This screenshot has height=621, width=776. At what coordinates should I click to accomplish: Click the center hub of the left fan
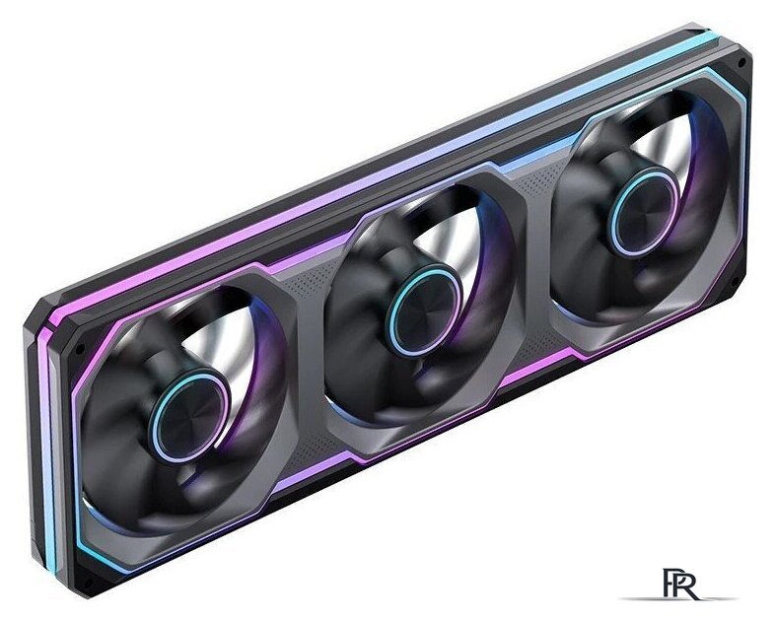coord(189,416)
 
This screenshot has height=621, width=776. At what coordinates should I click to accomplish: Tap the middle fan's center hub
coord(424,310)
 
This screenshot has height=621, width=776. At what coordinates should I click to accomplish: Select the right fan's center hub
coord(643,212)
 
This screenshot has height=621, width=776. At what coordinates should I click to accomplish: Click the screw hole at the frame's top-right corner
coord(741,63)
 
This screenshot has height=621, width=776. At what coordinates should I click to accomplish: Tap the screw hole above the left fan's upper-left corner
coord(79,349)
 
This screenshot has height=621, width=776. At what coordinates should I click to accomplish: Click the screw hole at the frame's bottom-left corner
coord(87,583)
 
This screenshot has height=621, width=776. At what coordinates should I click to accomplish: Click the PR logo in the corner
coord(681,585)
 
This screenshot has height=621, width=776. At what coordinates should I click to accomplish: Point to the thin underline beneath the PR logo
coord(678,599)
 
